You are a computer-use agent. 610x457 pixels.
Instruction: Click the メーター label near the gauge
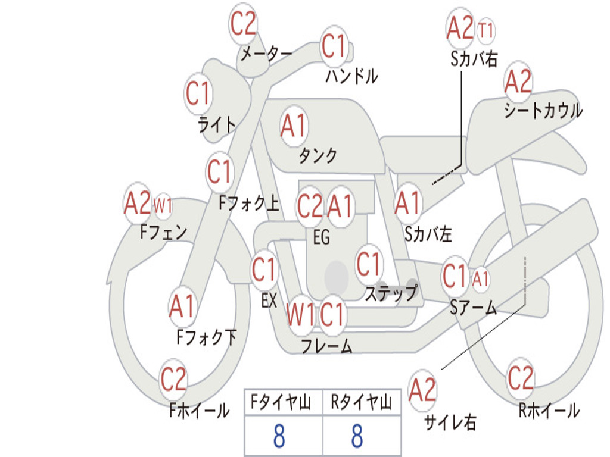[x=266, y=53]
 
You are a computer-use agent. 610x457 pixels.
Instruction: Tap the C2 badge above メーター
[x=243, y=23]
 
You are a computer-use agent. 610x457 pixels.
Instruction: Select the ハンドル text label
[x=351, y=76]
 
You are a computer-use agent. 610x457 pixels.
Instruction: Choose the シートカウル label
[x=543, y=110]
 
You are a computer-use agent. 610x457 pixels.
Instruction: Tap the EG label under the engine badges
[x=321, y=237]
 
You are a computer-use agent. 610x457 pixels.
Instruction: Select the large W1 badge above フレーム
[x=300, y=315]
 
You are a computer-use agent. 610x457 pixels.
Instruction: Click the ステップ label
[x=391, y=293]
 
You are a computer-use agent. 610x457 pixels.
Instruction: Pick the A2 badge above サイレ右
[x=423, y=390]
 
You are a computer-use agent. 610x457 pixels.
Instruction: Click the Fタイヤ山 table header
[x=281, y=402]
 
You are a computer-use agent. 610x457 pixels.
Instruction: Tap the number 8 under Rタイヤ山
[x=357, y=436]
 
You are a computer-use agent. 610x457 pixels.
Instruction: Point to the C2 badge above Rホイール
[x=520, y=378]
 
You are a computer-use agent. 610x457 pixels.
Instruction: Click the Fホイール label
[x=199, y=411]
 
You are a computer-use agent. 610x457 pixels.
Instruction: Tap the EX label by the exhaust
[x=269, y=301]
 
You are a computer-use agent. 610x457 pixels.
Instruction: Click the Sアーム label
[x=474, y=308]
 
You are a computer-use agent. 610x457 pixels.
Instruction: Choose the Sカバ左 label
[x=428, y=234]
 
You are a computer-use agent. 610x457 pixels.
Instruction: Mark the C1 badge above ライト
[x=198, y=93]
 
